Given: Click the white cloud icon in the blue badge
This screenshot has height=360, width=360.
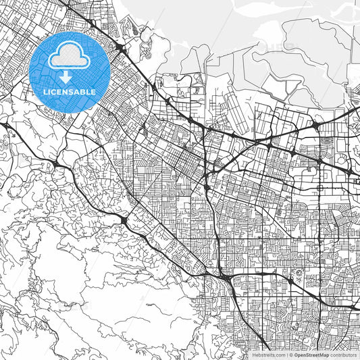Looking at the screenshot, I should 70,58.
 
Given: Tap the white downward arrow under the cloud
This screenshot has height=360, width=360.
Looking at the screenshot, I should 66,77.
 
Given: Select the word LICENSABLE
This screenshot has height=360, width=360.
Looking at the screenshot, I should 70,92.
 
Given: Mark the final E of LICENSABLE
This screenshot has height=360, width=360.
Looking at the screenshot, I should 95,92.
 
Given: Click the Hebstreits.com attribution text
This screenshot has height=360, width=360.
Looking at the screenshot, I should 268,355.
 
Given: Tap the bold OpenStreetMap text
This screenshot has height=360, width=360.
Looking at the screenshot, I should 310,355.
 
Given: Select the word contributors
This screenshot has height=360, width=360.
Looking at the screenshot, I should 343,355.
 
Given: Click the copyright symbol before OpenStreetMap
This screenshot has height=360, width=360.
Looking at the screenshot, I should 290,355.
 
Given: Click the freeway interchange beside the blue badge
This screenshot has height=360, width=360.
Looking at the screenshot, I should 120,49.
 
